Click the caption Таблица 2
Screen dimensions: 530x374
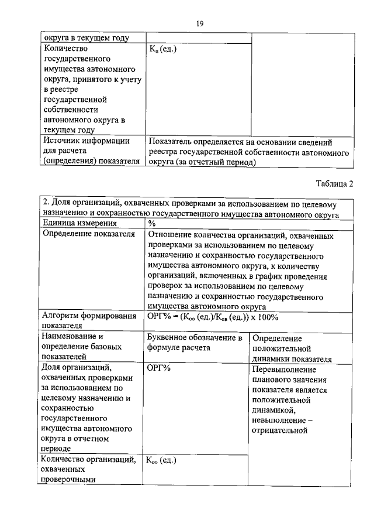tap(335, 184)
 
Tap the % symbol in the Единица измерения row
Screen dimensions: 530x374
tap(152, 223)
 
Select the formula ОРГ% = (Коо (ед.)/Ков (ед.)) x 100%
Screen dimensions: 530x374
tap(213, 317)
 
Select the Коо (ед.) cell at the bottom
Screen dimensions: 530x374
tap(161, 460)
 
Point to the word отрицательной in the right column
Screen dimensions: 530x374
tap(279, 431)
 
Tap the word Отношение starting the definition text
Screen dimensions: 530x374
tap(172, 236)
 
